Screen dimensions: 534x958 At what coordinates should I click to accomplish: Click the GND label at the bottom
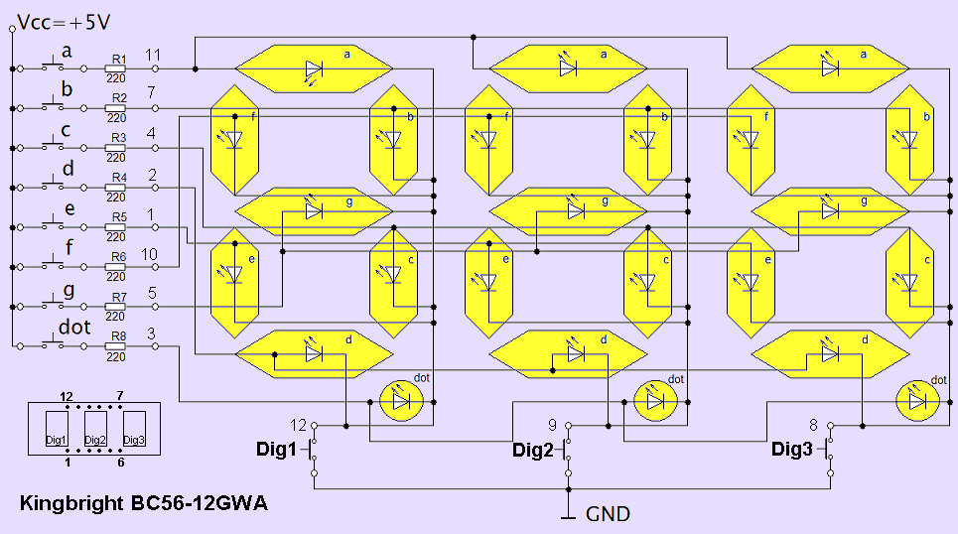pyautogui.click(x=608, y=514)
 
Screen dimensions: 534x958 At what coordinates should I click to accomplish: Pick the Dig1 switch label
pyautogui.click(x=276, y=450)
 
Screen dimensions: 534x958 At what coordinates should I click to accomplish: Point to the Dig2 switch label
pyautogui.click(x=533, y=450)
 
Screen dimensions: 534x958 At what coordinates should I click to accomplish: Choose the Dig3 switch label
pyautogui.click(x=792, y=450)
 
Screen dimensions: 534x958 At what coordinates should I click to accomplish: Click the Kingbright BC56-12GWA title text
pyautogui.click(x=143, y=503)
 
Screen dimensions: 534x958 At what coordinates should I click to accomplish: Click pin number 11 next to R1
pyautogui.click(x=152, y=55)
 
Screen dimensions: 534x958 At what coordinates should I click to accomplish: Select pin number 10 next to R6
pyautogui.click(x=149, y=255)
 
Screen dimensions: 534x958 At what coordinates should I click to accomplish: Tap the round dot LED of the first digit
pyautogui.click(x=402, y=400)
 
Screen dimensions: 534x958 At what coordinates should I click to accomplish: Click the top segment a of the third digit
pyautogui.click(x=830, y=68)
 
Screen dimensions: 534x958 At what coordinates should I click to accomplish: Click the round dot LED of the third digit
pyautogui.click(x=917, y=400)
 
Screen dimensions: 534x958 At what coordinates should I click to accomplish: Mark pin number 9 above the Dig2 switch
pyautogui.click(x=552, y=424)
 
